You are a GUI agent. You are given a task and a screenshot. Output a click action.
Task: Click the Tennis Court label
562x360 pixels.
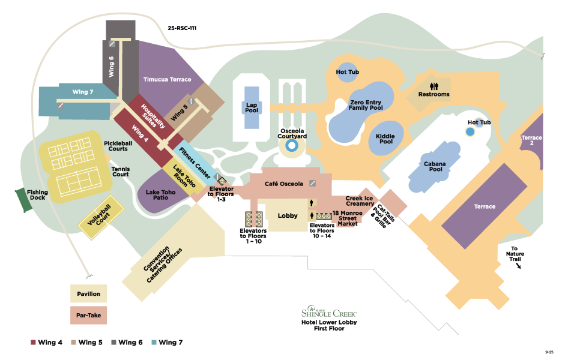(121, 172)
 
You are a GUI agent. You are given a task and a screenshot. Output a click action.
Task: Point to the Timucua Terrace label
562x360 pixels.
(167, 79)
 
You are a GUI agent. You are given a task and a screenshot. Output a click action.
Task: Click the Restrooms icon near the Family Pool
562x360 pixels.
(434, 86)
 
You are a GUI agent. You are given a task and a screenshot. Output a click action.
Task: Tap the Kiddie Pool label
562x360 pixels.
(385, 139)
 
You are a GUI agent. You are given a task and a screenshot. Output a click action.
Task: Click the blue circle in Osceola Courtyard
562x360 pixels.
(292, 145)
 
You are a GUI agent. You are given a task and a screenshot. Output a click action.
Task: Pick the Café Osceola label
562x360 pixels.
(284, 184)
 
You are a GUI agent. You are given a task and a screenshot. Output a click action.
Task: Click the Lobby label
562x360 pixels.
(288, 215)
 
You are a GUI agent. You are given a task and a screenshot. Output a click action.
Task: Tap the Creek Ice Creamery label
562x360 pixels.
(360, 201)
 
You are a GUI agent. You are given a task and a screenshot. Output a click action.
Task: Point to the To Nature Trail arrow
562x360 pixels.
(518, 265)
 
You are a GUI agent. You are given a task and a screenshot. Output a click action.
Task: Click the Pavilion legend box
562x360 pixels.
(88, 294)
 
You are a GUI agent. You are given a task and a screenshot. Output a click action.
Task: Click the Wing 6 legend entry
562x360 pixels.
(127, 343)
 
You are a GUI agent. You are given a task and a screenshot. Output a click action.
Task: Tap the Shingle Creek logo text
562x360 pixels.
(329, 313)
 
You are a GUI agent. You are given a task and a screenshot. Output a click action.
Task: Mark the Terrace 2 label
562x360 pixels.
(531, 141)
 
